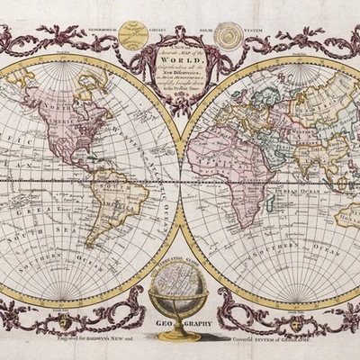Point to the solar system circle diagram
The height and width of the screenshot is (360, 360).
tap(231, 37)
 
